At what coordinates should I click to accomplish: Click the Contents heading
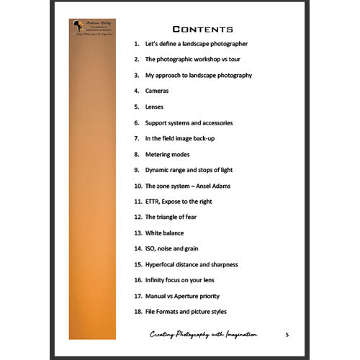(203, 30)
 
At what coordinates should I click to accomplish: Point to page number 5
(287, 334)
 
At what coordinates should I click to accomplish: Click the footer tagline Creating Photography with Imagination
(204, 335)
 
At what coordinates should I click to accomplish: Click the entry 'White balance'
(164, 233)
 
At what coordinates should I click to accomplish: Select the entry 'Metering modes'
(168, 154)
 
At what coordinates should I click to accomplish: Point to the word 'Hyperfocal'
(163, 265)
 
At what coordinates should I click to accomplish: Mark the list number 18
(138, 311)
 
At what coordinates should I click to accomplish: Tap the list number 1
(136, 44)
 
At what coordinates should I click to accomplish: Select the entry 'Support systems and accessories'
(189, 123)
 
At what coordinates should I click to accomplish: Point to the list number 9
(136, 170)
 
